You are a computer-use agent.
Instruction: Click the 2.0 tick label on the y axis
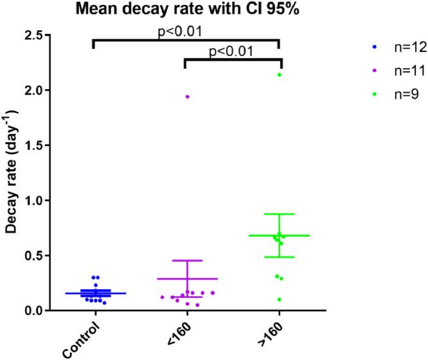36,91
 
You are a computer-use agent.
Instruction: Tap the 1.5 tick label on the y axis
36,145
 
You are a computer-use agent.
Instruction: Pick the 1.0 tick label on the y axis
36,201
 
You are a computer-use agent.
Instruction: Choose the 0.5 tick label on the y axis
36,256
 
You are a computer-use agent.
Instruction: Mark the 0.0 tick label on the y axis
36,310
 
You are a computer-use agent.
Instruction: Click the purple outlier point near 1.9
188,96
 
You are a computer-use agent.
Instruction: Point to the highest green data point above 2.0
279,75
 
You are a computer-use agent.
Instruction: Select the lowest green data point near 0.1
279,300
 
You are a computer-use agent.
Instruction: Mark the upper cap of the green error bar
279,214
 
